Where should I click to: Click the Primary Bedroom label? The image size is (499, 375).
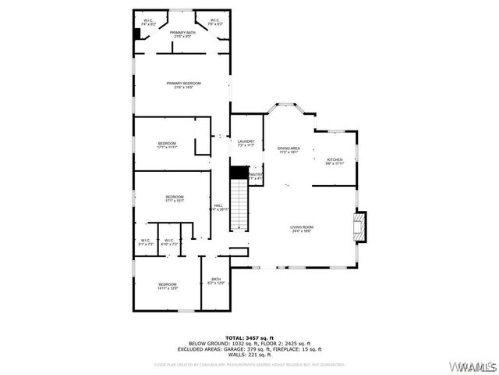pos(183,85)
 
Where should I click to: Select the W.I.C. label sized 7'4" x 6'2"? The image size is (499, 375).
pos(149,23)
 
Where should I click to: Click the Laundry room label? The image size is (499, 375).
pos(246,143)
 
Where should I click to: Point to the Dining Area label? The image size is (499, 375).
pos(288,150)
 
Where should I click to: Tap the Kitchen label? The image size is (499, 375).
pos(334,161)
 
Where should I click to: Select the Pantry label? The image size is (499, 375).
pos(256,177)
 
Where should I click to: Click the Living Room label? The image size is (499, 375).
pos(302,229)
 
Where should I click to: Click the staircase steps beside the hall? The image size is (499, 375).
pos(239,205)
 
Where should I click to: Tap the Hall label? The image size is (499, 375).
pos(218,207)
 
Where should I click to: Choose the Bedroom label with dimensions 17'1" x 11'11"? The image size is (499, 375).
pos(168,145)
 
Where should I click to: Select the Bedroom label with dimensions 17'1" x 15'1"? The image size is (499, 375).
pos(174,198)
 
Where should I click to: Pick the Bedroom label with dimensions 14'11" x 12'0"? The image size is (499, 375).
pos(168,286)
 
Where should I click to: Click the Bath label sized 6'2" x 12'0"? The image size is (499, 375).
pos(216,280)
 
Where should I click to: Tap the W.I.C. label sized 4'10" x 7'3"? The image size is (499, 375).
pos(169,242)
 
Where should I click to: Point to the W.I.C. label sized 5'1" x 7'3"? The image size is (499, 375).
pos(145,242)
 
